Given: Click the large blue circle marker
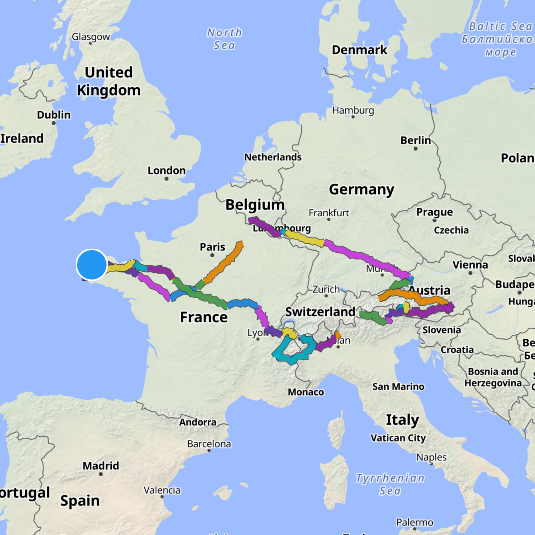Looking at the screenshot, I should coord(92,265).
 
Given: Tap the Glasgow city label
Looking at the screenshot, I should coord(91,37).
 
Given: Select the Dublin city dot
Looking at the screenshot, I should coord(54,123).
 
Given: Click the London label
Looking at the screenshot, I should coord(166,171).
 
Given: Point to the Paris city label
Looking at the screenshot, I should coord(212,247).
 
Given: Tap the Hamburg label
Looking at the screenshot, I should coord(353,110).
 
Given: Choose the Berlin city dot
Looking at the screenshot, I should coord(415,149).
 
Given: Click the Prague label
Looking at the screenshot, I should coord(435,212).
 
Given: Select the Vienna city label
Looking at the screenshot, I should coord(470,265).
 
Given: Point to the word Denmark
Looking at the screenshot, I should coord(359,50).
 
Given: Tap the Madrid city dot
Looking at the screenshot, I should coord(101,474).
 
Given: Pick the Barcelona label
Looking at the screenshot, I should coord(209,444).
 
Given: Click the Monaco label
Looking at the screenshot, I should coord(306,392).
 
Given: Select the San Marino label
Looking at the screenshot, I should coord(398,386).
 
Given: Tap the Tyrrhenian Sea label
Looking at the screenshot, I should coord(390,484).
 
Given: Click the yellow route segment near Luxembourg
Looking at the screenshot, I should coord(304,238).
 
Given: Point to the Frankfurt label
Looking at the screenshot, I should coord(329,213).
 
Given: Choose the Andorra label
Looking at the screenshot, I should coord(197,422).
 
